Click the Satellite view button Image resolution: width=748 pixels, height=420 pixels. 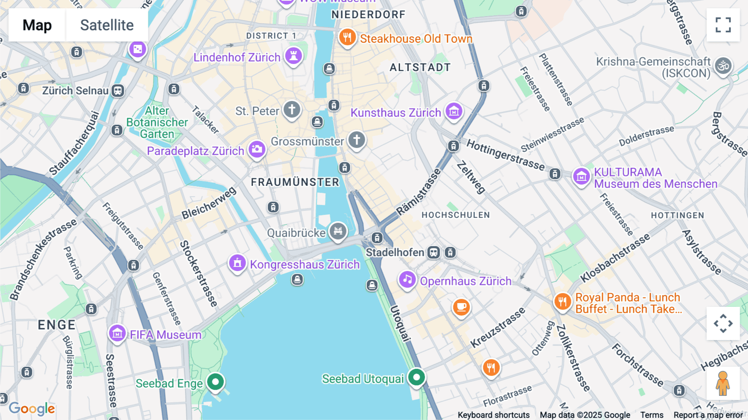tap(107, 25)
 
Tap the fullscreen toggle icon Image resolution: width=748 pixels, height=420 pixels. tap(723, 25)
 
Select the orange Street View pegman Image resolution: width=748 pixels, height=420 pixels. tap(723, 383)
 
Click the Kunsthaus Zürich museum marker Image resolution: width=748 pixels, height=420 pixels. tap(454, 111)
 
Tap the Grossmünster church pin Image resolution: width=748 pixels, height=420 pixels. tap(357, 140)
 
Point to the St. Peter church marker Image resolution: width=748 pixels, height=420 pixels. tap(292, 110)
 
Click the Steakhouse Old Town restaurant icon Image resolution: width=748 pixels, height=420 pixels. tap(347, 37)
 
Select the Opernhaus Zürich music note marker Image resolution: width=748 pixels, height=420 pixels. tap(407, 280)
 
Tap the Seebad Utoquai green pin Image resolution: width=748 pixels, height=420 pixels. tap(416, 377)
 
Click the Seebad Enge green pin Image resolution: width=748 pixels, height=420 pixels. tap(215, 381)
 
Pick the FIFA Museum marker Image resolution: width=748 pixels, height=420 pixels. tap(117, 334)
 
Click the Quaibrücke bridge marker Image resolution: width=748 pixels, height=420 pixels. tap(338, 231)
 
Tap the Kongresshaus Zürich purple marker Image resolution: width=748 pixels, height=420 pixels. tap(237, 263)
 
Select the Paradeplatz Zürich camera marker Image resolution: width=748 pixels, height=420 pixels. tap(257, 149)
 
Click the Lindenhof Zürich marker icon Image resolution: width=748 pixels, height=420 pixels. tap(293, 56)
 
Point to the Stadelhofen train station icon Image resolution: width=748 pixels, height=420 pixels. tap(433, 252)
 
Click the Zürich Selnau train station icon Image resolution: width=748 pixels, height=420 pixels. tap(118, 91)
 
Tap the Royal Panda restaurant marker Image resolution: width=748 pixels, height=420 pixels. tap(562, 301)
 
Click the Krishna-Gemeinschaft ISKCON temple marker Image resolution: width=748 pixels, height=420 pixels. tap(723, 66)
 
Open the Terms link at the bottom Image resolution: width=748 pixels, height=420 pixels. tap(652, 415)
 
